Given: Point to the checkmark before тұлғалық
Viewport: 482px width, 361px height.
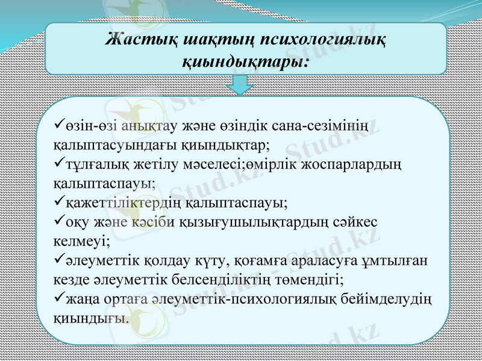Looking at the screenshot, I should point(58,164).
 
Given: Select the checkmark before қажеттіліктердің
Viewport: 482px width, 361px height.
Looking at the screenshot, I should point(58,202).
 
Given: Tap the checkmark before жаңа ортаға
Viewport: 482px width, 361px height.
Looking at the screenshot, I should point(58,297).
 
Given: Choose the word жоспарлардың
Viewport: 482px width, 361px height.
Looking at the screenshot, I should point(359,164).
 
